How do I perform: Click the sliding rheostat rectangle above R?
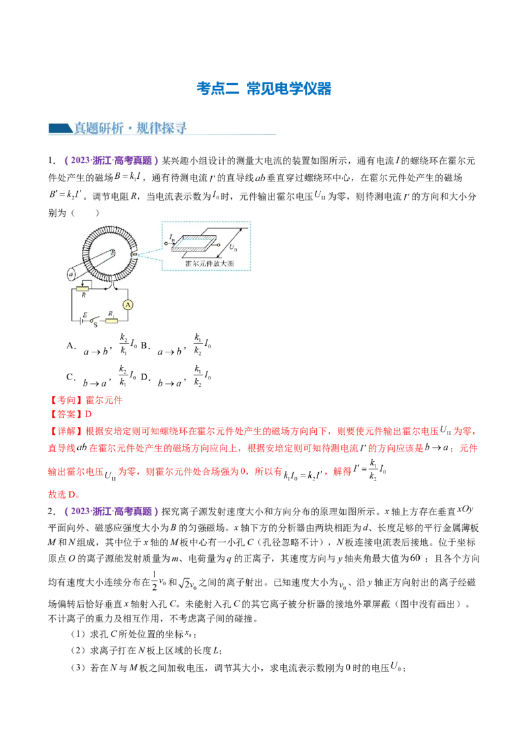[x=83, y=288]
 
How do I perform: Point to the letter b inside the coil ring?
[x=114, y=251]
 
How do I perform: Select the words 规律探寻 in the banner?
[x=162, y=128]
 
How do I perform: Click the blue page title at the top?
[x=264, y=89]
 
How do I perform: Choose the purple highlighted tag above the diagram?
[x=111, y=160]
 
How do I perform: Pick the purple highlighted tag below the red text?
[x=111, y=511]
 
